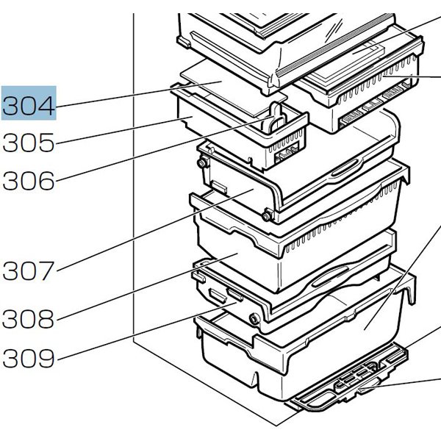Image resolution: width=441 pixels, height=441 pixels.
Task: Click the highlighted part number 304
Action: coord(29,105)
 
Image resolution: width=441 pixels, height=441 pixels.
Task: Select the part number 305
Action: coord(29,143)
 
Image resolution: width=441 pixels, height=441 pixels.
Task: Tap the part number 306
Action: coord(29,181)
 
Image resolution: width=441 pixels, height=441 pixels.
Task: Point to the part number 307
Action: coord(29,270)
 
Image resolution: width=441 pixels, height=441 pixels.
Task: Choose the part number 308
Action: coord(29,319)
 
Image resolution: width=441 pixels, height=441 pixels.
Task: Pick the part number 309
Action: coord(29,358)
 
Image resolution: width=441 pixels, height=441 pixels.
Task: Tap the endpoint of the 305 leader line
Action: coord(193,117)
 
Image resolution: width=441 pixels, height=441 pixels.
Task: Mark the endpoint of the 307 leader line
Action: coord(254,190)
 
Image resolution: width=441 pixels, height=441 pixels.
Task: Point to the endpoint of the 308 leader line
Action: coord(238,254)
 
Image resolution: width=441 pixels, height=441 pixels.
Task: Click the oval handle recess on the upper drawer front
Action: coord(345,168)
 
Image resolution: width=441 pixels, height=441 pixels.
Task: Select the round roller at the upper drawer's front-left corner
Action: coord(266,216)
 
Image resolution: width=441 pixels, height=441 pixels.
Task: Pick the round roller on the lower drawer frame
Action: coord(254,319)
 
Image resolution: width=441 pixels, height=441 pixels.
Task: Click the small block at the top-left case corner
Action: coord(184,42)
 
